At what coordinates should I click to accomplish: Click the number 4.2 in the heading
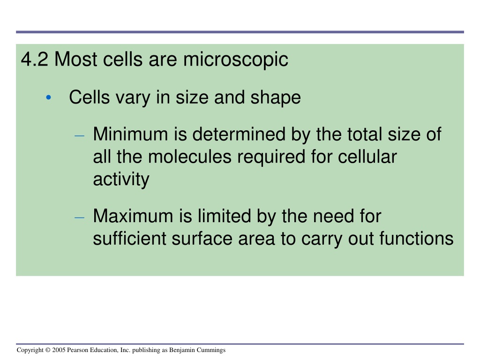[x=34, y=59]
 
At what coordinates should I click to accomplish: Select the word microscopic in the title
[x=236, y=60]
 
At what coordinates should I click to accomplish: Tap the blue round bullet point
[x=48, y=97]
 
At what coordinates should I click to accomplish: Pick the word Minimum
[x=130, y=134]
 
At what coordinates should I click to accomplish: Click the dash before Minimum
[x=79, y=135]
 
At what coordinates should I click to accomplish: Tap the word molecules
[x=189, y=157]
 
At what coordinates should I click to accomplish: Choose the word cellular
[x=367, y=157]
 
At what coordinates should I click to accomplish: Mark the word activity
[x=121, y=180]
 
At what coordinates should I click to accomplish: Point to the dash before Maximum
[x=79, y=217]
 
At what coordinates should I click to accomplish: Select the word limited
[x=225, y=216]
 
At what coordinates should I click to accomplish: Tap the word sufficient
[x=129, y=239]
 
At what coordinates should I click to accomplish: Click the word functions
[x=416, y=239]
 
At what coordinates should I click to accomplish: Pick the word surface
[x=202, y=239]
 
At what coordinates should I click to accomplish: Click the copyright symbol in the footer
[x=48, y=350]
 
